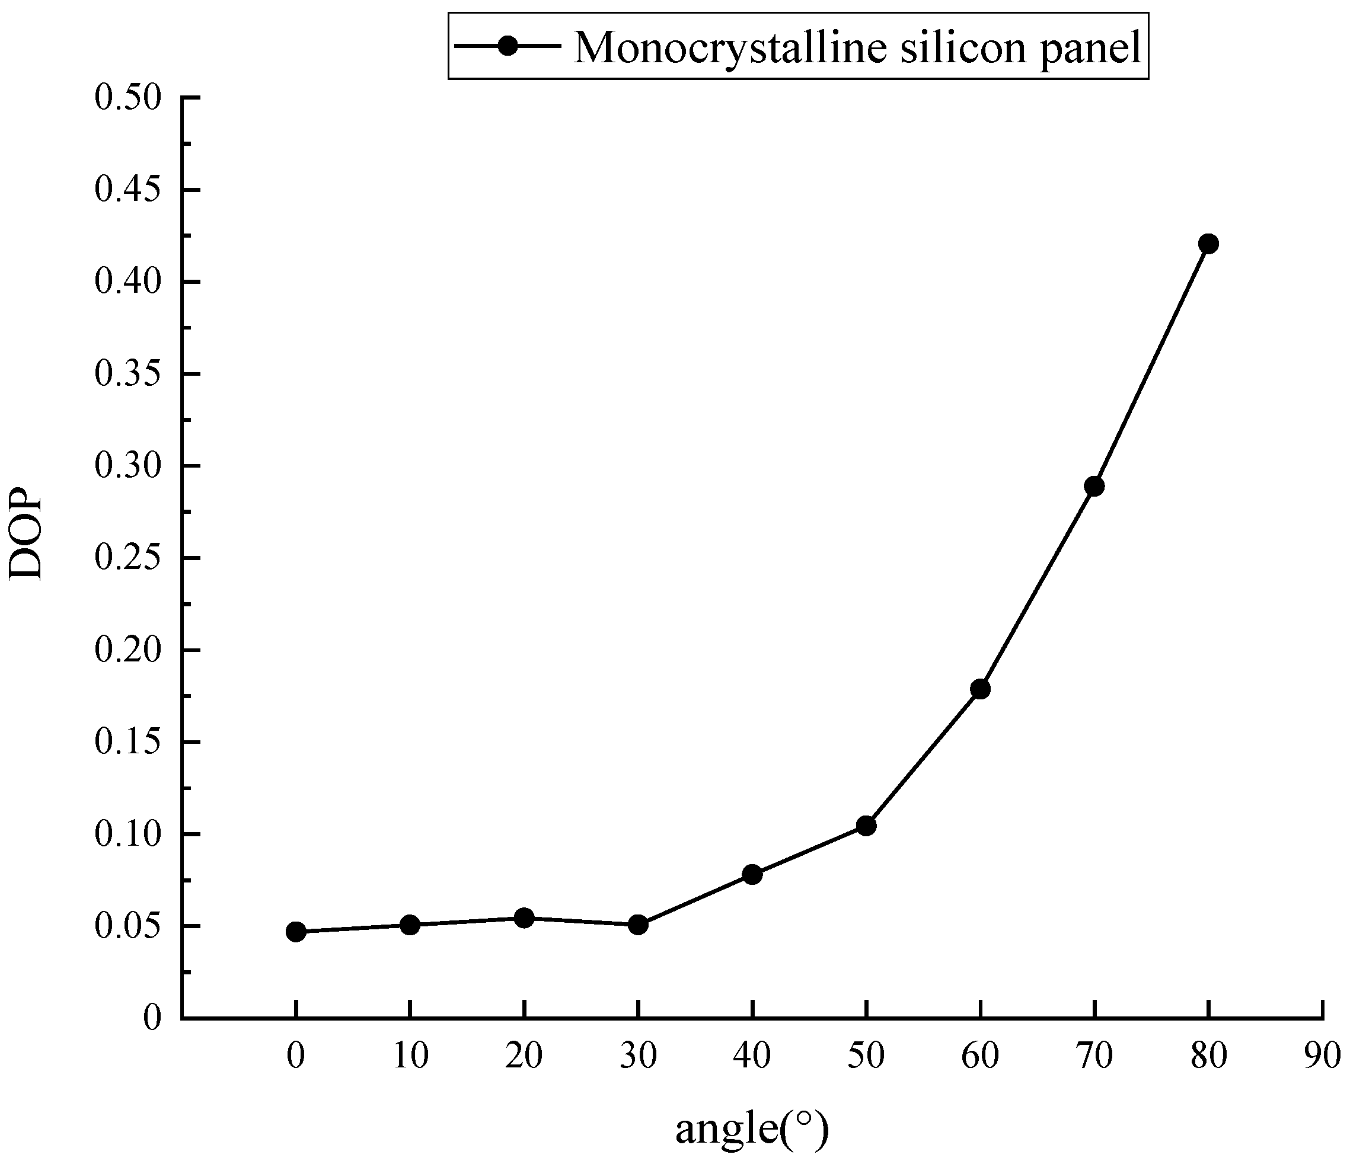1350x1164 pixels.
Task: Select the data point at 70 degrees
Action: click(1094, 486)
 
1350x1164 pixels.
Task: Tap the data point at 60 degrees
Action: click(980, 689)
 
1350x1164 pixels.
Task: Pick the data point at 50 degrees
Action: click(866, 826)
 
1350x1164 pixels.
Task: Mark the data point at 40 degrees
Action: click(752, 874)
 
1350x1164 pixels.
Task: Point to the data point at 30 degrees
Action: click(638, 925)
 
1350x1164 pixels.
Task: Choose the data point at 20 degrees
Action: click(524, 918)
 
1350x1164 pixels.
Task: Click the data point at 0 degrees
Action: click(296, 932)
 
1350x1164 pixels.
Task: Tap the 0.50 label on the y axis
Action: click(127, 98)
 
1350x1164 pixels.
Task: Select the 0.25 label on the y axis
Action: click(127, 559)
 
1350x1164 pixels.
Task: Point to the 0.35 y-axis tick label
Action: click(127, 375)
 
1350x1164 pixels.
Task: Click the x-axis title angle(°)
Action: click(751, 1129)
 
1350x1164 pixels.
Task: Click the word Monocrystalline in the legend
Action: click(730, 48)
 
